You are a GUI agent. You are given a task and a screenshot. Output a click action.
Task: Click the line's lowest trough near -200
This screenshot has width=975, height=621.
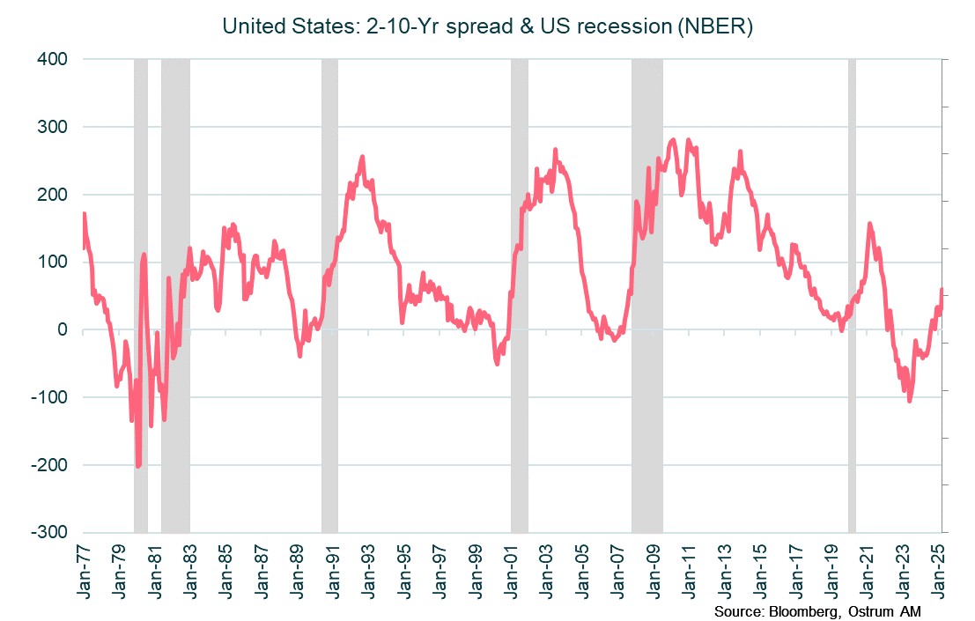click(x=138, y=465)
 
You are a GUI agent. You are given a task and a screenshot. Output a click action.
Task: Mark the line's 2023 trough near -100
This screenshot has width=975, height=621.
click(x=909, y=401)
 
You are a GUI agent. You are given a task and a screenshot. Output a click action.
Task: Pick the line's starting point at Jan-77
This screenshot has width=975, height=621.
click(x=85, y=214)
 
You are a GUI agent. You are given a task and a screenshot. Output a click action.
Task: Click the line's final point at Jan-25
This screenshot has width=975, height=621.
click(x=942, y=290)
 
